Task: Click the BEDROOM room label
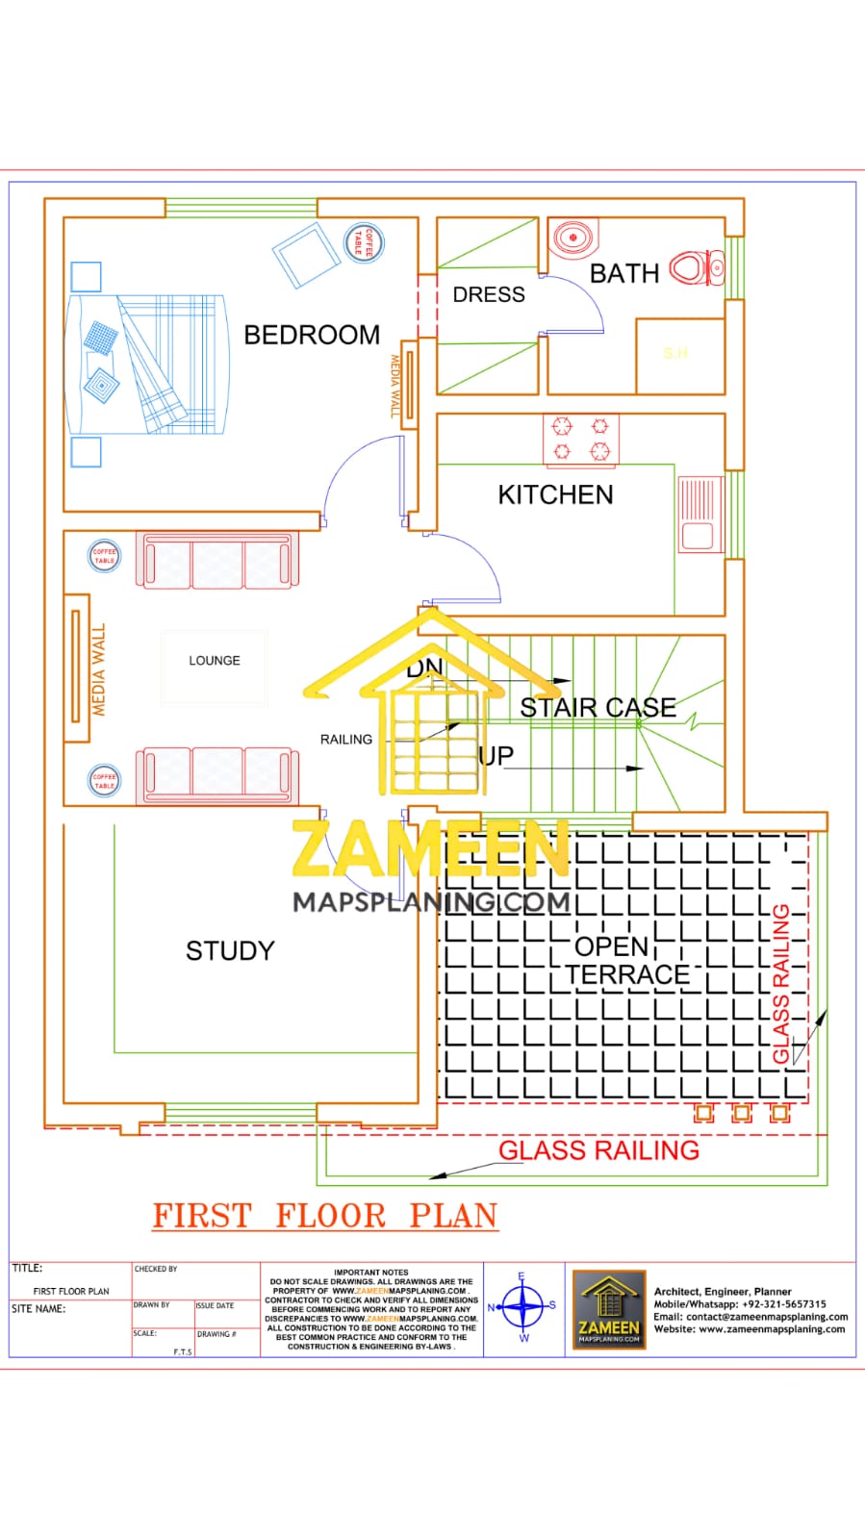pyautogui.click(x=312, y=335)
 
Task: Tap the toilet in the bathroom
pyautogui.click(x=695, y=268)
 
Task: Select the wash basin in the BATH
pyautogui.click(x=572, y=236)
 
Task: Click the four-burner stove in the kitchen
pyautogui.click(x=581, y=440)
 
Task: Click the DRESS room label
pyautogui.click(x=489, y=294)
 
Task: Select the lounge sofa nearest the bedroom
pyautogui.click(x=217, y=560)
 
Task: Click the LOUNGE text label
pyautogui.click(x=215, y=661)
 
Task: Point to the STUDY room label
pyautogui.click(x=230, y=951)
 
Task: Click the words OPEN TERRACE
pyautogui.click(x=625, y=961)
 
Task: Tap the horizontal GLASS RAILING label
pyautogui.click(x=598, y=1150)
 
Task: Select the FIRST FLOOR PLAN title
pyautogui.click(x=325, y=1216)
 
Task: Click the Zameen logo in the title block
pyautogui.click(x=609, y=1308)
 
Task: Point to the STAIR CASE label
pyautogui.click(x=598, y=708)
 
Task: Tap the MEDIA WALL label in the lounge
pyautogui.click(x=98, y=670)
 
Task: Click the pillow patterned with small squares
pyautogui.click(x=100, y=338)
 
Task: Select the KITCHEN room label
pyautogui.click(x=555, y=494)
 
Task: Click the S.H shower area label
pyautogui.click(x=675, y=354)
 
